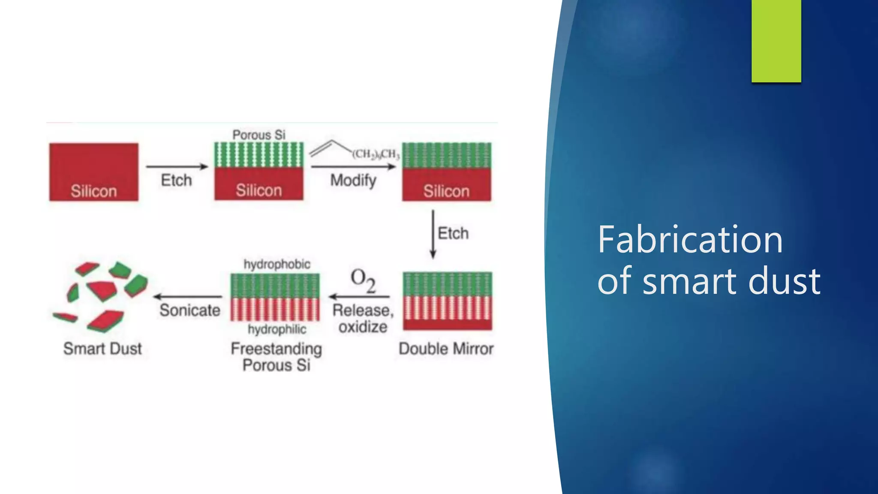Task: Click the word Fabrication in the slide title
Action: click(x=690, y=240)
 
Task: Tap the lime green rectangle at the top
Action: click(x=776, y=41)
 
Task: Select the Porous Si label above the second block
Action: click(x=259, y=135)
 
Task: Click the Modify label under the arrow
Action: click(x=353, y=181)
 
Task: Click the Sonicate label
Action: click(x=190, y=310)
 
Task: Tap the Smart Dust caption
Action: click(x=102, y=349)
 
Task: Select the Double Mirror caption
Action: click(x=446, y=349)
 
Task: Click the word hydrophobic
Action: click(x=277, y=264)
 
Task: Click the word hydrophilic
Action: click(x=277, y=329)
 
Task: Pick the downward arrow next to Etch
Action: click(x=433, y=234)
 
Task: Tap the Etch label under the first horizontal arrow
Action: click(x=176, y=181)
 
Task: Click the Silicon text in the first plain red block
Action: click(x=93, y=191)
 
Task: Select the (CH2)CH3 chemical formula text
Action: click(x=376, y=154)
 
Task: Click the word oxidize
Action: click(x=363, y=327)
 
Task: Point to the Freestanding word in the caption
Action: click(x=276, y=349)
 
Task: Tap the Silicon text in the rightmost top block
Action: click(x=446, y=191)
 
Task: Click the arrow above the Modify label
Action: click(x=353, y=166)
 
